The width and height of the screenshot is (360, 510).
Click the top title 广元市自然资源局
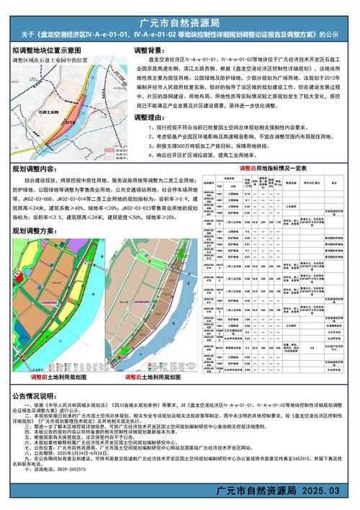(x=180, y=9)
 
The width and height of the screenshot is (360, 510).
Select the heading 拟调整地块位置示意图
(x=61, y=53)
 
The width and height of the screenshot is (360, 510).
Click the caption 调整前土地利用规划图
(x=58, y=377)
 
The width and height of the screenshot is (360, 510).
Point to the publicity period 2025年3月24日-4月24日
(x=83, y=446)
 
